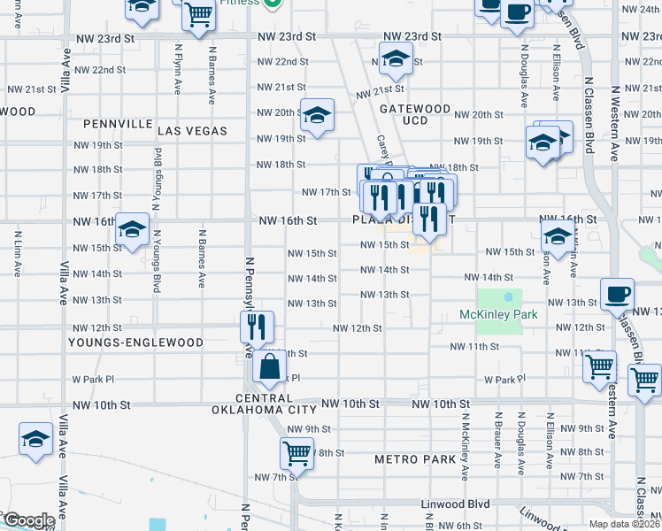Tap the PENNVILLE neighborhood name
pyautogui.click(x=119, y=124)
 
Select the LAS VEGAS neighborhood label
pyautogui.click(x=192, y=131)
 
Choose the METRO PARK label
pyautogui.click(x=414, y=459)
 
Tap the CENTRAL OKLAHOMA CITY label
pyautogui.click(x=264, y=404)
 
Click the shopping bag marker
pyautogui.click(x=268, y=366)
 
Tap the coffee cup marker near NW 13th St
pyautogui.click(x=617, y=294)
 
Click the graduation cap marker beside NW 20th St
pyautogui.click(x=317, y=115)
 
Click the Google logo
pyautogui.click(x=28, y=521)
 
